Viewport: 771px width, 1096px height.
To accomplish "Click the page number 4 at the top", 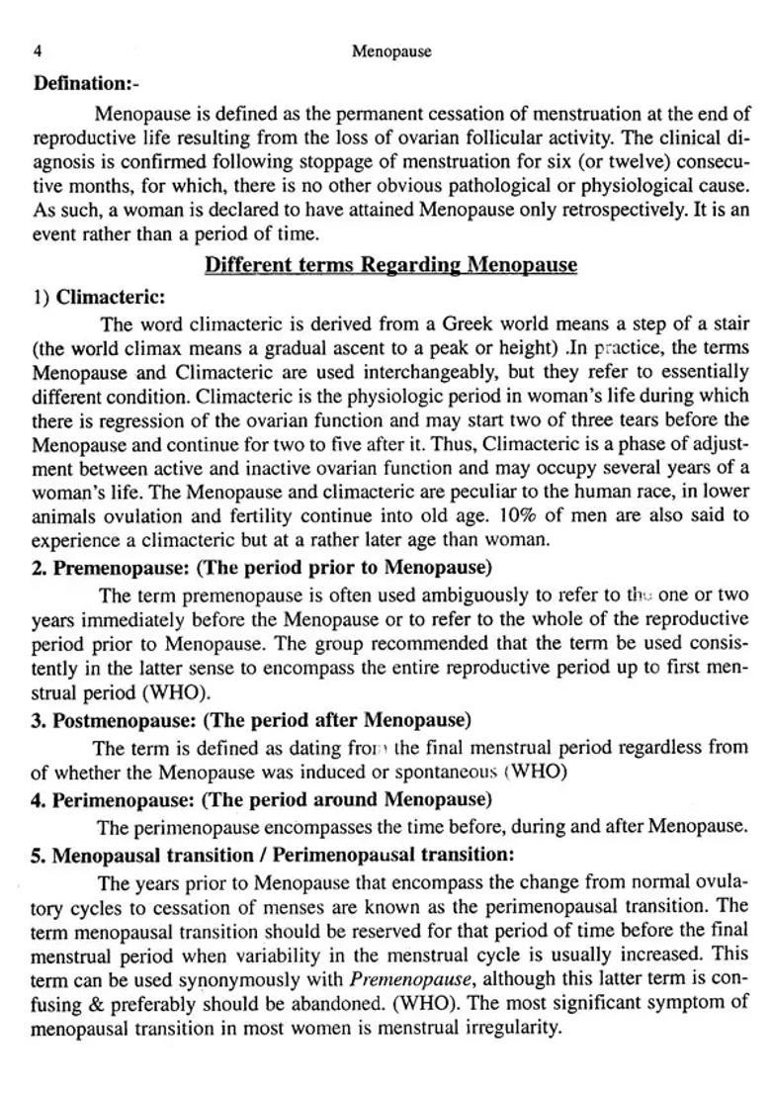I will (37, 51).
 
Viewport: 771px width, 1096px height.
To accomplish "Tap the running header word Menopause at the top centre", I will (391, 51).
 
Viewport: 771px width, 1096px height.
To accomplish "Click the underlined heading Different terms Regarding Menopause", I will (390, 265).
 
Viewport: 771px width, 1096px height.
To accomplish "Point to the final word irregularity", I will (514, 1029).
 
